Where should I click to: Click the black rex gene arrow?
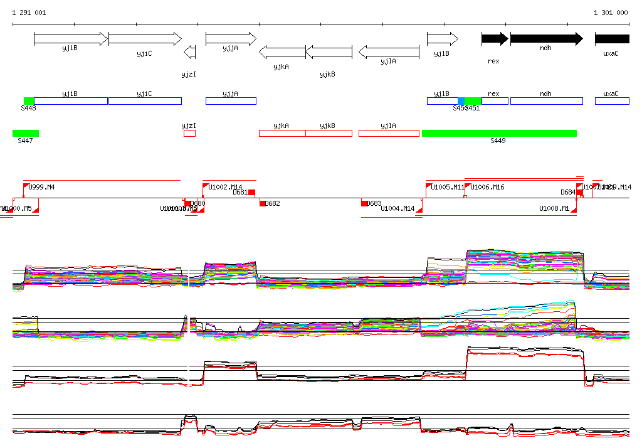pos(495,39)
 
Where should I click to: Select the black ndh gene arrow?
pos(546,39)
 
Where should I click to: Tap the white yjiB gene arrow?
pos(71,39)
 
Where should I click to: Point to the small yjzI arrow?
pos(189,52)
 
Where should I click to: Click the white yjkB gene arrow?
pos(329,52)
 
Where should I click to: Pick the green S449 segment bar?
pos(499,133)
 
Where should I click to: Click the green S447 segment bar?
pos(26,133)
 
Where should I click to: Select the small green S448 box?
pos(29,101)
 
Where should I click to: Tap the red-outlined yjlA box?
pos(389,133)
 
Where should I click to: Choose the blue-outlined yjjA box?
pos(231,101)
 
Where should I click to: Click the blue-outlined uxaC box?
pos(612,101)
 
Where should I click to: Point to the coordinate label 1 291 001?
pos(29,13)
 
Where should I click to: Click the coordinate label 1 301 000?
pos(611,13)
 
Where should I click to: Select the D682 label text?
pos(273,203)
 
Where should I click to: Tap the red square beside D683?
pos(364,203)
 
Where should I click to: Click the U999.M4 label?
pos(42,187)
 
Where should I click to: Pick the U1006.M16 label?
pos(488,187)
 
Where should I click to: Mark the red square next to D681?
pos(252,193)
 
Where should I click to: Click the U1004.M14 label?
pos(397,208)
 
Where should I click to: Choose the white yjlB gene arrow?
pos(443,39)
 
